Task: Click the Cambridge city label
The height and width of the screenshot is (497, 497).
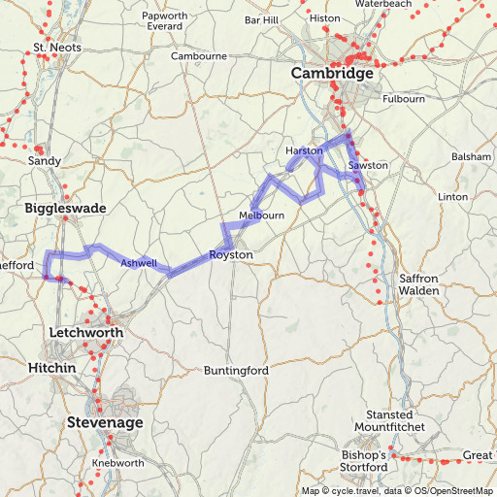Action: [332, 74]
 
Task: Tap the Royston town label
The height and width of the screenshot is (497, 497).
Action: [231, 255]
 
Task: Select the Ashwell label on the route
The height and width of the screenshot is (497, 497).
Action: [137, 262]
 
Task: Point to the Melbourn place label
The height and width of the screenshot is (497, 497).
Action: [261, 215]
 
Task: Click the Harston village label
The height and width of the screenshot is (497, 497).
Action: [304, 151]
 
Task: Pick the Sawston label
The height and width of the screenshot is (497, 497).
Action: [368, 166]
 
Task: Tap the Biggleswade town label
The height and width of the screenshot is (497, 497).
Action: [65, 209]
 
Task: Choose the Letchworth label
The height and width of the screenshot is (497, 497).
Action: [85, 333]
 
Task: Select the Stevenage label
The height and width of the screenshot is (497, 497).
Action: [105, 423]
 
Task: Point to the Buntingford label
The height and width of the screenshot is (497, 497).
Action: [236, 371]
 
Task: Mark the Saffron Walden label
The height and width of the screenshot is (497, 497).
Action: [419, 284]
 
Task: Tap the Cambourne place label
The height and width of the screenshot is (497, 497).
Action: [199, 56]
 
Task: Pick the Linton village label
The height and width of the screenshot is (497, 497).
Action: [453, 197]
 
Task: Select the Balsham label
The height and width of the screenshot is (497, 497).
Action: [471, 156]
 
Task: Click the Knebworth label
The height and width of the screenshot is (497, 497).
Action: [110, 463]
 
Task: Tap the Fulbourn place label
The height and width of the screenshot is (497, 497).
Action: [404, 99]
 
